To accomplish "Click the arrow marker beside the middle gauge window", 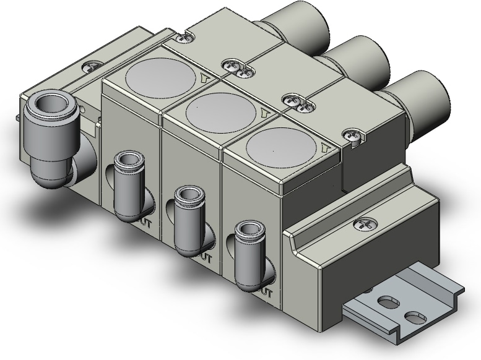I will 265,112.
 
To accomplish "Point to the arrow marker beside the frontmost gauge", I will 326,147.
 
